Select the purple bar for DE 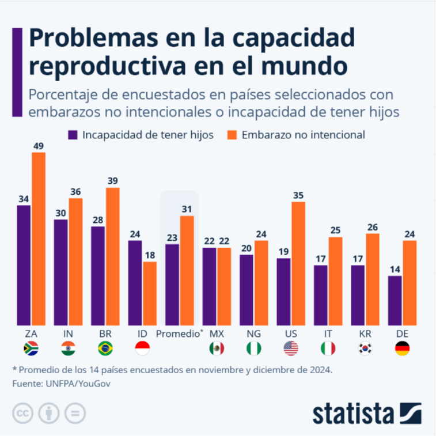(x=395, y=300)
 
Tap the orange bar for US (x=298, y=263)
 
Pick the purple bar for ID (x=135, y=282)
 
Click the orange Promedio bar (x=187, y=270)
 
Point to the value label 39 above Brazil (x=113, y=180)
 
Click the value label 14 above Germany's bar (x=395, y=268)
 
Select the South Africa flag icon (x=31, y=348)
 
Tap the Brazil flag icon (x=105, y=348)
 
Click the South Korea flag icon (x=365, y=348)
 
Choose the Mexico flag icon (x=217, y=348)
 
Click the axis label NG (x=253, y=333)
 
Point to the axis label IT (x=328, y=333)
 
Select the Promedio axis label (x=179, y=333)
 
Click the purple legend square (x=73, y=135)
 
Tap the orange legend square (x=233, y=135)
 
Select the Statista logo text (x=353, y=414)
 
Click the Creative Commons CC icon (x=22, y=413)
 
